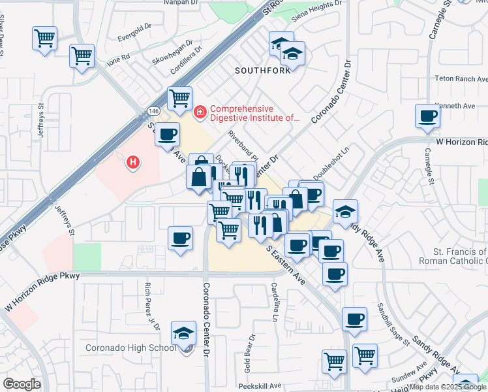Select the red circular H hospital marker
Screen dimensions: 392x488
click(x=134, y=161)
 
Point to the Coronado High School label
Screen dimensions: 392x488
click(x=131, y=347)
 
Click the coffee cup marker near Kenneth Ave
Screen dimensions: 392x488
click(x=428, y=116)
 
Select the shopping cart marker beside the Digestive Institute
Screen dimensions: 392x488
click(x=179, y=99)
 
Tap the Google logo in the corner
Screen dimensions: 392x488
click(x=22, y=384)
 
